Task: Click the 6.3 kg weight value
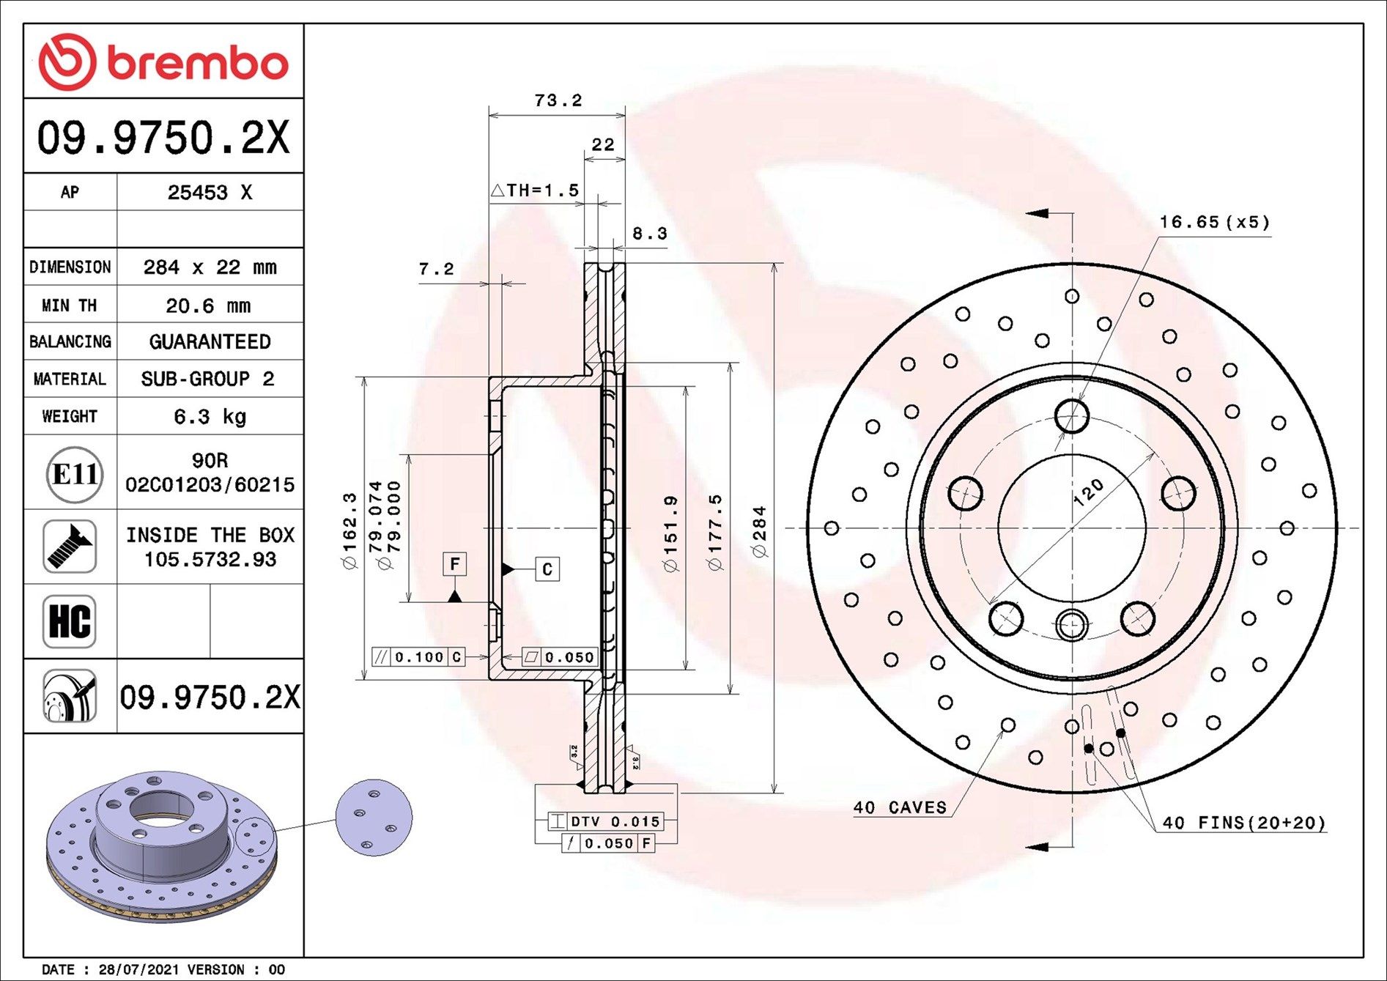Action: tap(210, 417)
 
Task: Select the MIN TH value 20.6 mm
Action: tap(208, 306)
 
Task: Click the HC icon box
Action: tap(70, 621)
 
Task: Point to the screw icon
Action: tap(70, 547)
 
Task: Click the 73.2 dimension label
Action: tap(558, 100)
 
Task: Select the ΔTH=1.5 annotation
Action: tap(535, 190)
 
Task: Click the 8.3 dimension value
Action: tap(649, 234)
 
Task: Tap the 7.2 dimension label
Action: tap(436, 270)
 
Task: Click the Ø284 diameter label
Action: tap(760, 531)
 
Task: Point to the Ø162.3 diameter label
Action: tap(349, 531)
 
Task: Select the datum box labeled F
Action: tap(454, 564)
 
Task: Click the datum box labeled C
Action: tap(547, 569)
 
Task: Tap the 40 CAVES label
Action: tap(900, 807)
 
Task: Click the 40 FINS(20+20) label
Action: tap(1243, 823)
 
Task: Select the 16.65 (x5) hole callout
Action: tap(1214, 222)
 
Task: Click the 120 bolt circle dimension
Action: tap(1088, 492)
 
